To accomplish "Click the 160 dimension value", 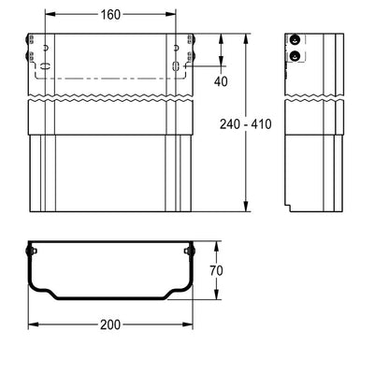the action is coord(110,14).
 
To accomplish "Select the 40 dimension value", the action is coord(221,81).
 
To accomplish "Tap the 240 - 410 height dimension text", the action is coord(246,124).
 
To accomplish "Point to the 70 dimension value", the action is coord(216,270).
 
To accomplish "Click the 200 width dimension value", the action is coord(110,324).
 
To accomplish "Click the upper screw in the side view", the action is coord(295,39).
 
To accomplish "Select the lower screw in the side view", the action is coord(295,56).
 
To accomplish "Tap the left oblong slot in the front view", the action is coord(46,66).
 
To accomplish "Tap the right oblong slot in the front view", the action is coord(176,66).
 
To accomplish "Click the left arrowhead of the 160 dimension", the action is coord(50,14).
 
